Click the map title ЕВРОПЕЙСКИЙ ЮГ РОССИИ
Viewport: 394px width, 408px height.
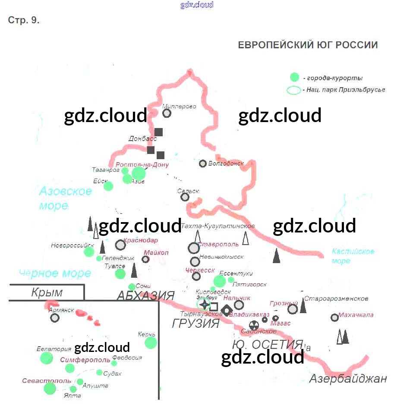coord(308,45)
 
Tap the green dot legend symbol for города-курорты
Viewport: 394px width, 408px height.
coord(294,77)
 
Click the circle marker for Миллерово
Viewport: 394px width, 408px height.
coord(167,113)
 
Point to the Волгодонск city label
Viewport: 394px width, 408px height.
coord(226,163)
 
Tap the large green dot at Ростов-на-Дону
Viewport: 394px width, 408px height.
coord(139,173)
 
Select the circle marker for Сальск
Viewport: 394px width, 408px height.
coord(185,197)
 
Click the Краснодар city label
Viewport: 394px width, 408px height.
coord(141,240)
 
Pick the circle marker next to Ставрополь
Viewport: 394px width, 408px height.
coord(194,248)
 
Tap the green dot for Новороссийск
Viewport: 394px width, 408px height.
coord(89,252)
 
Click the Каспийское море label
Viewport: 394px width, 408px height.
coord(353,256)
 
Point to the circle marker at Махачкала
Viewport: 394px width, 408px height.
coord(334,317)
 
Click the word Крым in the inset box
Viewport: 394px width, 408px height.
coord(47,292)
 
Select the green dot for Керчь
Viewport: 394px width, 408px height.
coord(151,342)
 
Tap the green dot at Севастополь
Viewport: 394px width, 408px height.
coord(50,388)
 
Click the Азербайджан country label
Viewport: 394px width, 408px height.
coord(347,379)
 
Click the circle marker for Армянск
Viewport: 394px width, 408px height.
coord(54,318)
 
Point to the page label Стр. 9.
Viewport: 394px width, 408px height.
coord(24,20)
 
